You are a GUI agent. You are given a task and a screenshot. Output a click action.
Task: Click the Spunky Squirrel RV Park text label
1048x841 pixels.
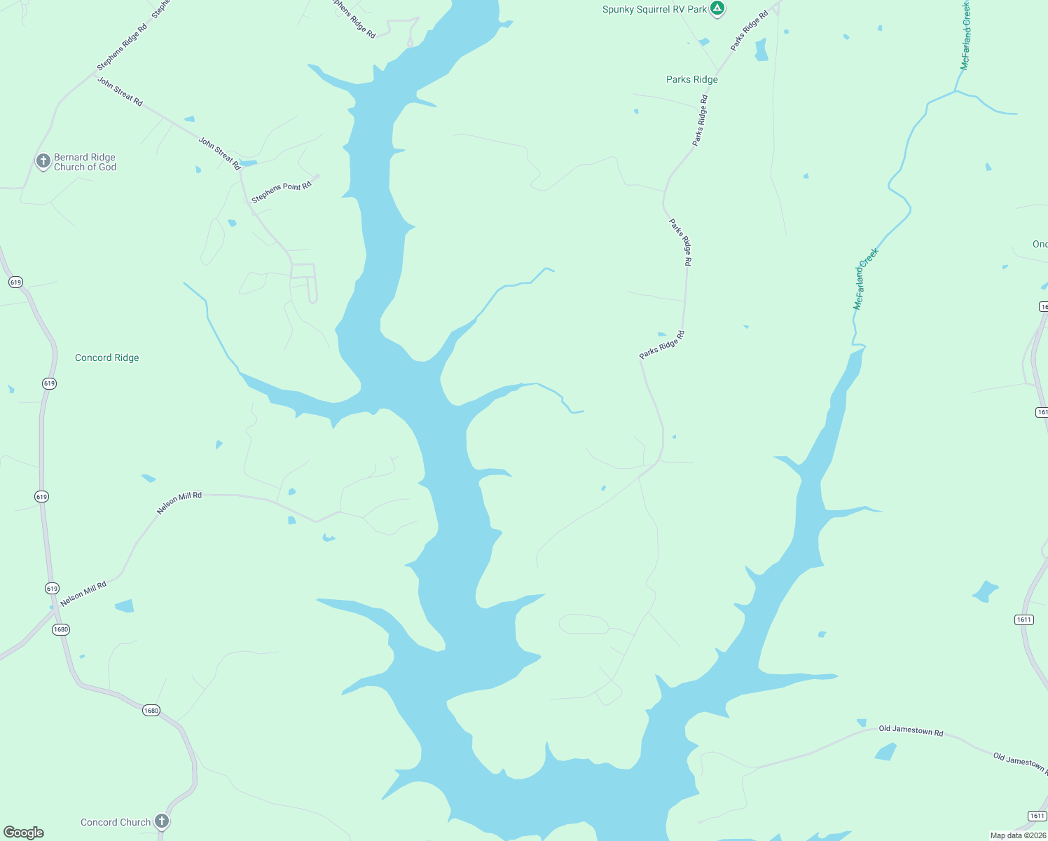(x=654, y=9)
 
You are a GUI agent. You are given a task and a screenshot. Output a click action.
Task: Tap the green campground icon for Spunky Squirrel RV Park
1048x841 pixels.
(x=717, y=8)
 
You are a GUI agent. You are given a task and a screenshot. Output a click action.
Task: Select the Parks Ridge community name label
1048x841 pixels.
(x=691, y=79)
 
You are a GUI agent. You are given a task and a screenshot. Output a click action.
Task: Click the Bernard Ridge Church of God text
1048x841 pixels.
(x=85, y=162)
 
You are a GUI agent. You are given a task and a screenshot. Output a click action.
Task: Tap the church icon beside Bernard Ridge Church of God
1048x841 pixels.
(x=43, y=161)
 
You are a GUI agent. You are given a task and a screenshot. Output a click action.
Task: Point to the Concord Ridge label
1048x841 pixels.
(x=106, y=357)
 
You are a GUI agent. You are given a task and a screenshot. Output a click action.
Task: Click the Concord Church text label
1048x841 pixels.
(x=115, y=822)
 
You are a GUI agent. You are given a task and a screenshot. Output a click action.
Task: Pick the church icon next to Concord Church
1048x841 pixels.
(x=162, y=821)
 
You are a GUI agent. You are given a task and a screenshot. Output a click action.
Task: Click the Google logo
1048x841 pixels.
(x=24, y=833)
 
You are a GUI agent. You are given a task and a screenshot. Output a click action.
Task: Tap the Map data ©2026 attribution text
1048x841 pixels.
(x=1017, y=835)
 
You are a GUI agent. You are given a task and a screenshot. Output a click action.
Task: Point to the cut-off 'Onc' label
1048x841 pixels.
(x=1040, y=244)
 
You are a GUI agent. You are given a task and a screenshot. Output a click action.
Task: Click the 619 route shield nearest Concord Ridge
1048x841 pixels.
(x=49, y=383)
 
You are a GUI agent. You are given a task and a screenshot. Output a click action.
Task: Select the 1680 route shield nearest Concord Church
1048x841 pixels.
(x=151, y=711)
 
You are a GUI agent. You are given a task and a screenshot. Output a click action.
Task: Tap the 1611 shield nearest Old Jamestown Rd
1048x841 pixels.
(x=1037, y=816)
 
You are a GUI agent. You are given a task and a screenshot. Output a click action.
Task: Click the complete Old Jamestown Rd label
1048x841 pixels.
(x=911, y=730)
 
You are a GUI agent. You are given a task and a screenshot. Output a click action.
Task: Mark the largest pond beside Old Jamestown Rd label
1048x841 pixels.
(x=885, y=752)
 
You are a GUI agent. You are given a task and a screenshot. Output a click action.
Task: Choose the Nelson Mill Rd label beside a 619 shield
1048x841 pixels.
(x=83, y=594)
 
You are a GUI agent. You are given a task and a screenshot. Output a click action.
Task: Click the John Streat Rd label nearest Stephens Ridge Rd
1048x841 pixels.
(x=120, y=92)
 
